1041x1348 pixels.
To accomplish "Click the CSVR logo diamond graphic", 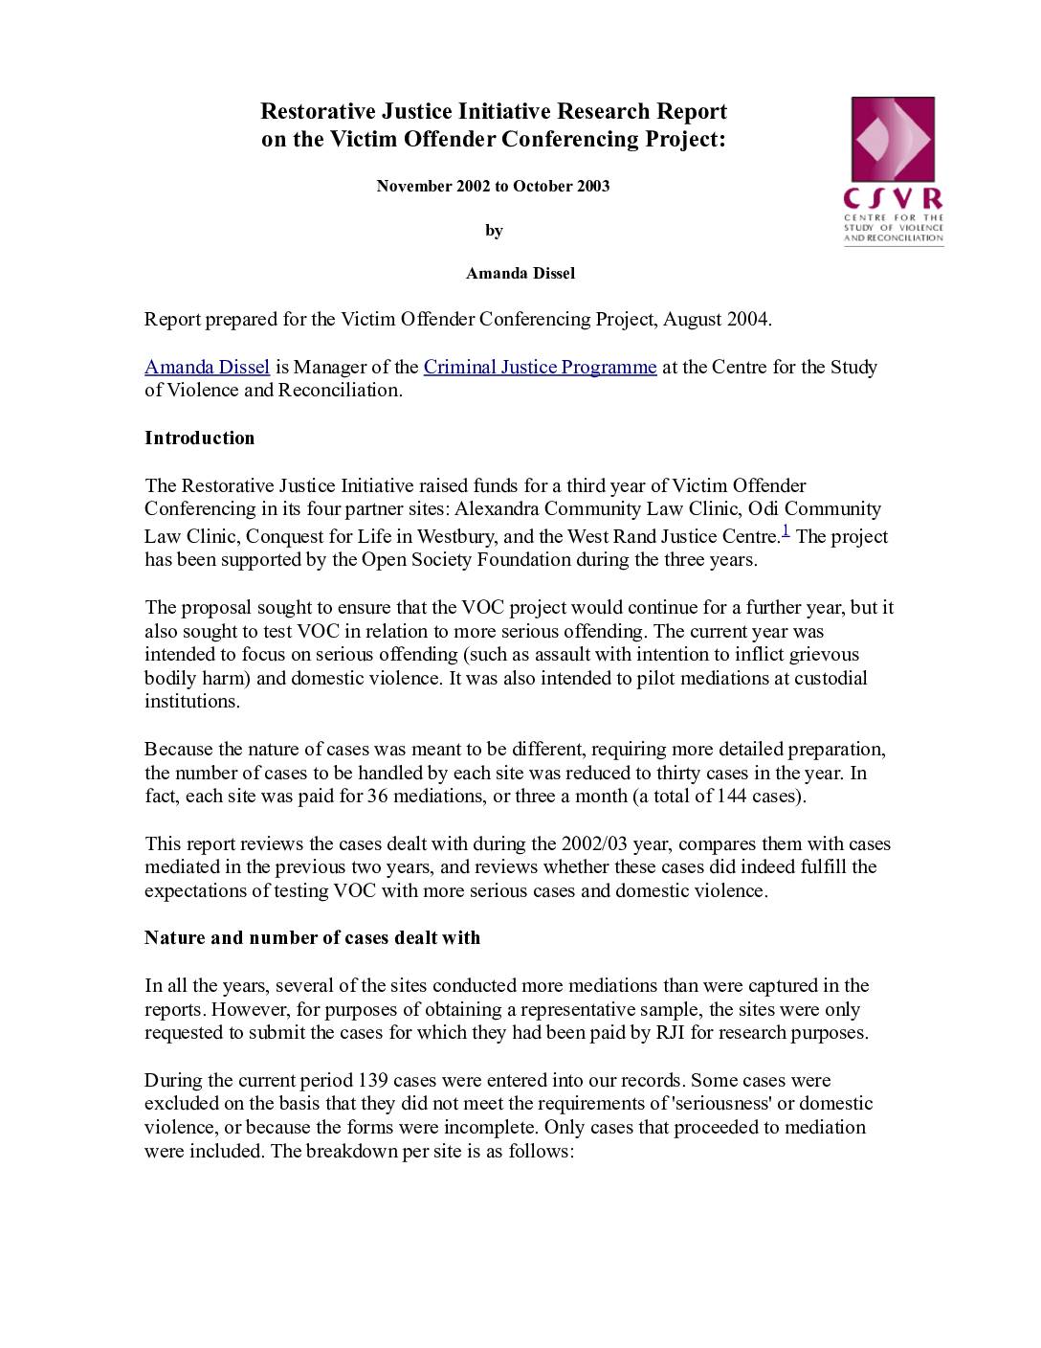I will (893, 140).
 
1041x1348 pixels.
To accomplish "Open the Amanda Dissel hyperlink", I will (207, 367).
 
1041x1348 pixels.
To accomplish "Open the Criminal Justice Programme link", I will (540, 367).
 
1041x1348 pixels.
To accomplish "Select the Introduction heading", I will (200, 438).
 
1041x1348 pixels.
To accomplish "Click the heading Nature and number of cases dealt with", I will (312, 938).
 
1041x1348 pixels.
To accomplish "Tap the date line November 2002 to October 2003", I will (493, 186).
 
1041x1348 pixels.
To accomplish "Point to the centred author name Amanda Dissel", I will (520, 274).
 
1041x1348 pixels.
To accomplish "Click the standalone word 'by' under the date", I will (494, 230).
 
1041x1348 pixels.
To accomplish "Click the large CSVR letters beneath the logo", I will (893, 199).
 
